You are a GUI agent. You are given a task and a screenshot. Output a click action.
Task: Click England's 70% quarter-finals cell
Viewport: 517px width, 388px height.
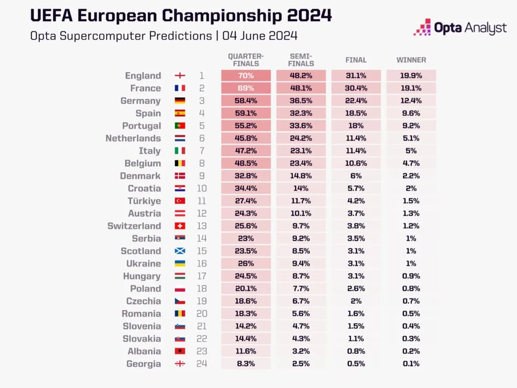click(x=246, y=76)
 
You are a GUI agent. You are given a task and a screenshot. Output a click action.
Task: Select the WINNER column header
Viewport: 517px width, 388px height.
click(x=411, y=60)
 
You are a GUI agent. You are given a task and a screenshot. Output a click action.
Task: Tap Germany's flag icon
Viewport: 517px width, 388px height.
click(x=180, y=101)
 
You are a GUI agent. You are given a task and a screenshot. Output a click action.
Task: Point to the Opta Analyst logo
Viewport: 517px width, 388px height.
click(x=460, y=27)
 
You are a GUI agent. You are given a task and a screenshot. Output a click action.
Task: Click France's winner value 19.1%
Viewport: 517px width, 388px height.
click(x=411, y=88)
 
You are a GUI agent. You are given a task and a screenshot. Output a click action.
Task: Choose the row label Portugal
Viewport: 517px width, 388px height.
click(x=141, y=126)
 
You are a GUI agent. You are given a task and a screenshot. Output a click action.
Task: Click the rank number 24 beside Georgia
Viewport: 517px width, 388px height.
click(x=202, y=364)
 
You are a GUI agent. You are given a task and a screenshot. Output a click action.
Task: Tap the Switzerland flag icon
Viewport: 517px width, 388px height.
click(x=180, y=226)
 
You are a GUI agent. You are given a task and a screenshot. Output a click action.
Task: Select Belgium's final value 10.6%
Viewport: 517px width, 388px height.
click(x=356, y=163)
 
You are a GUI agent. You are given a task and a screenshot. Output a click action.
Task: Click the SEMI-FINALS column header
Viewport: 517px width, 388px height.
click(x=301, y=60)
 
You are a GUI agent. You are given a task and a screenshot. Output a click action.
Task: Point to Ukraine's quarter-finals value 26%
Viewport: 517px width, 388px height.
click(x=246, y=264)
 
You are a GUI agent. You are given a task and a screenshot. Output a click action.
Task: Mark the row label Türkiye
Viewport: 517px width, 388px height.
click(x=144, y=201)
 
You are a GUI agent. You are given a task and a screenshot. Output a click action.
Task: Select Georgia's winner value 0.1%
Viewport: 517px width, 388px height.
click(x=411, y=364)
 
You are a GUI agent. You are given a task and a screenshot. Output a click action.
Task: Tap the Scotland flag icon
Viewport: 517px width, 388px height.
click(x=180, y=251)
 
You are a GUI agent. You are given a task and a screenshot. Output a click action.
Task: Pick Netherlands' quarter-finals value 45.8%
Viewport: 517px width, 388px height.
click(x=246, y=139)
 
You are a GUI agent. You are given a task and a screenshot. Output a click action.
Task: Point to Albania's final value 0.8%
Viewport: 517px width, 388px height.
click(x=356, y=351)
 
